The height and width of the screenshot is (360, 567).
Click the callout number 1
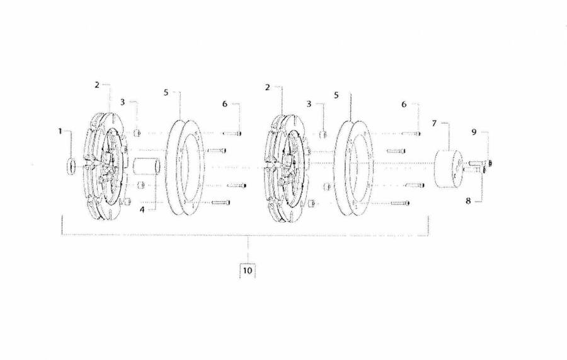point(60,131)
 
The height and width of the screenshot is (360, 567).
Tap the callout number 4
point(142,209)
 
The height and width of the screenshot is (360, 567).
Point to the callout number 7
point(434,124)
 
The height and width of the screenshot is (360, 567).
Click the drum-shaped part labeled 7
point(449,168)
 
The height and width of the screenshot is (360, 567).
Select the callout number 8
point(468,200)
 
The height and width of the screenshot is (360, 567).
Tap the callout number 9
point(474,132)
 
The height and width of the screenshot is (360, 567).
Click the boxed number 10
point(248,270)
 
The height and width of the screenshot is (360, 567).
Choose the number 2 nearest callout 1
point(97,85)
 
